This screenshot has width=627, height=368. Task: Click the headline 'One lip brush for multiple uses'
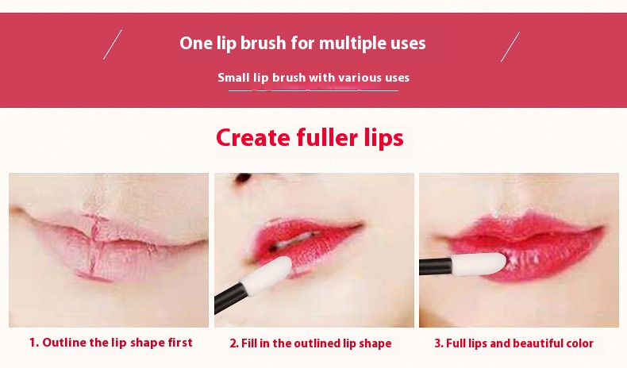302,43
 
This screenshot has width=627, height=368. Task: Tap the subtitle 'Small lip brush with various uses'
313,77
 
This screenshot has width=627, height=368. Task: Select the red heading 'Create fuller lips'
310,138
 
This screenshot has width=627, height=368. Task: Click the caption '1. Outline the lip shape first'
111,343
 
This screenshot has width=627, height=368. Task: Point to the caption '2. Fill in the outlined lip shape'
310,343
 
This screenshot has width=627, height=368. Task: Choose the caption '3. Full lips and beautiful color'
514,343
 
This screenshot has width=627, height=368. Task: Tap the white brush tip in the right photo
479,264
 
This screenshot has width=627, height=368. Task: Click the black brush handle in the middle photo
230,297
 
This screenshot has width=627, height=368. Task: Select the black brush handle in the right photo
436,266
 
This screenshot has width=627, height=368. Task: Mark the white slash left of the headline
113,44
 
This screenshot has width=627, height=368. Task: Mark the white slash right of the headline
510,47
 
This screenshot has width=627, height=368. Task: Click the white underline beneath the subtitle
313,90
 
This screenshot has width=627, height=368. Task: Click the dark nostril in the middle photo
243,178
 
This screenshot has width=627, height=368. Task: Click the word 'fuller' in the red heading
327,137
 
